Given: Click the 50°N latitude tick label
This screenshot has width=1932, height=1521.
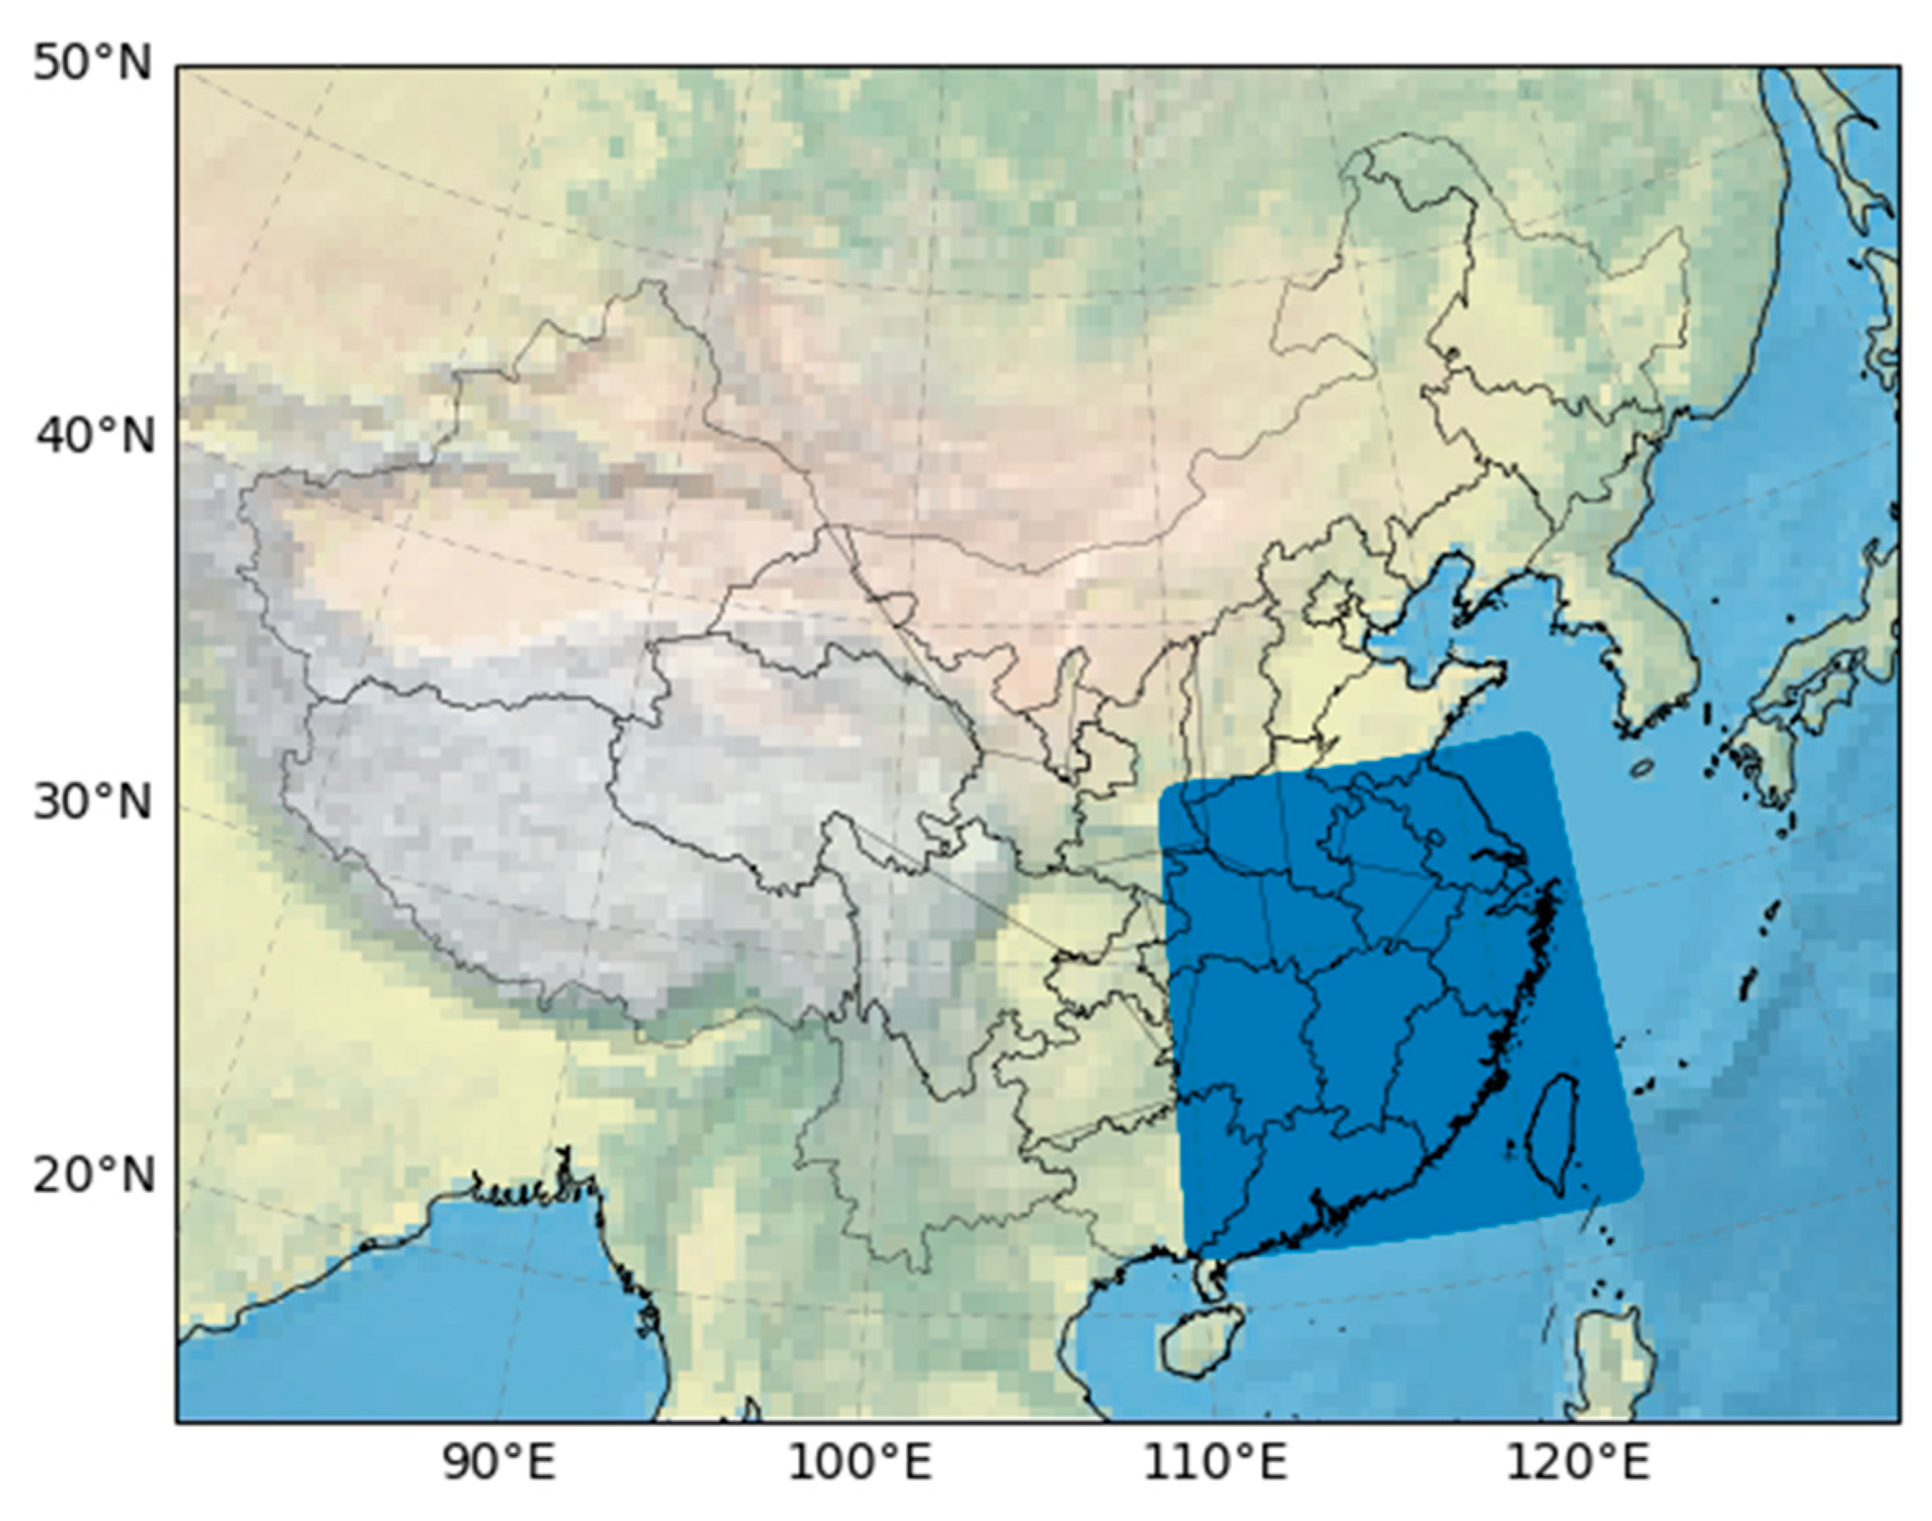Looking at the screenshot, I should point(92,64).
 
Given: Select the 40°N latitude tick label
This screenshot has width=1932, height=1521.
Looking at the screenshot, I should point(95,436).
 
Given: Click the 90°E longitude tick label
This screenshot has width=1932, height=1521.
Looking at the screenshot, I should point(500,1463).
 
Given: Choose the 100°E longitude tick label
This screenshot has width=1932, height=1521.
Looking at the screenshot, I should point(859,1463).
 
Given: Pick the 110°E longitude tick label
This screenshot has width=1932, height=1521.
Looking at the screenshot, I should point(1215,1463).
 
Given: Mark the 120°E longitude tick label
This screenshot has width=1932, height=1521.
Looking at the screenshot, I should point(1577,1463).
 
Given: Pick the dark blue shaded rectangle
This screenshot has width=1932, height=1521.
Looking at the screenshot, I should point(1389,997).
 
